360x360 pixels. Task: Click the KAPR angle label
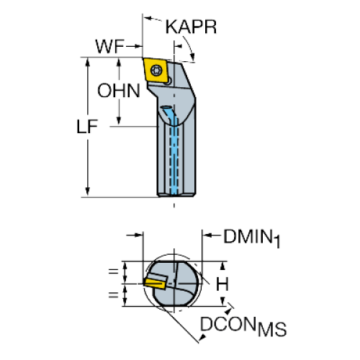191,27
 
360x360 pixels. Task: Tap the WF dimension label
110,46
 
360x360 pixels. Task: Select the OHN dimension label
119,91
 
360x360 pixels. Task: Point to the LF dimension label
87,127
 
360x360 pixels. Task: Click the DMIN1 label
252,238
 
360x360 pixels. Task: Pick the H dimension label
222,284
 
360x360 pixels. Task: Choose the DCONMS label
243,326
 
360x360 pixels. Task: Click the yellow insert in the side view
156,71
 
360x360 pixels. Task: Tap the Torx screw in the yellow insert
156,70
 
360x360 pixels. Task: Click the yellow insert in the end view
155,283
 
